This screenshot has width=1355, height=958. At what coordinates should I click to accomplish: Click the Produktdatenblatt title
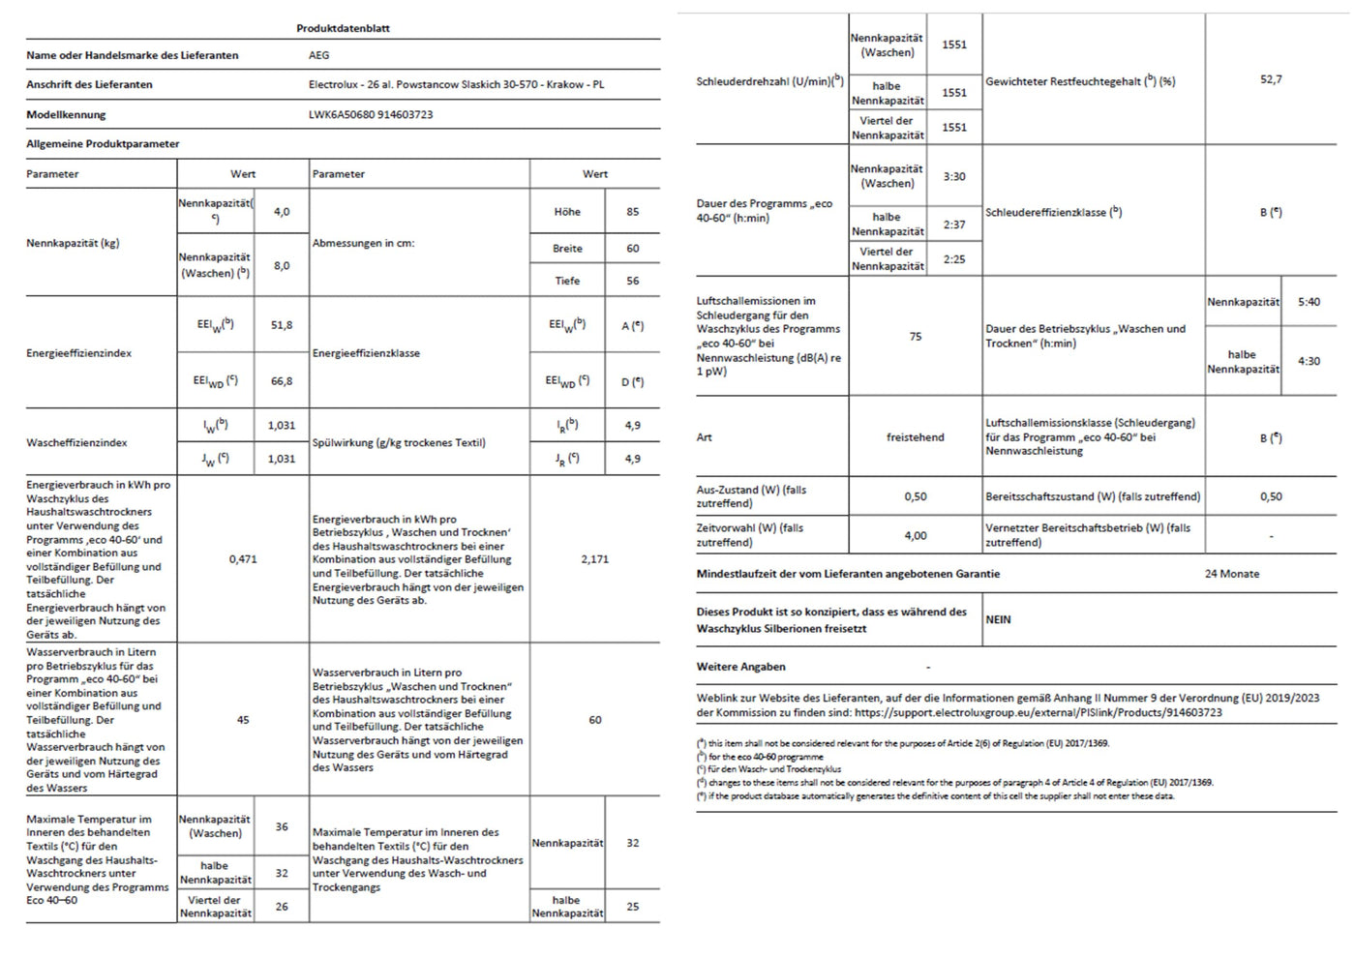(343, 28)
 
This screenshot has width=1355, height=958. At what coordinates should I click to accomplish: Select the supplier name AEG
(319, 55)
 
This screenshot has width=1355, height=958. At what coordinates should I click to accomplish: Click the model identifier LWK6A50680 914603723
(371, 114)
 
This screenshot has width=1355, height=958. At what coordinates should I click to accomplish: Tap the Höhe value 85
(632, 212)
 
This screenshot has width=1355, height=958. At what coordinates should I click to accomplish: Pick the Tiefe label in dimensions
(567, 281)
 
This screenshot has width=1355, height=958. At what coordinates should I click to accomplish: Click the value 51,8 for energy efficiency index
(282, 325)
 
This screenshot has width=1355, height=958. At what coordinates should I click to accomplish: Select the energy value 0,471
(243, 559)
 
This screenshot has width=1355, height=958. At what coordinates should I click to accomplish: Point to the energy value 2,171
(594, 559)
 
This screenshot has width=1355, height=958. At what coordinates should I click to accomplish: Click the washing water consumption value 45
(243, 720)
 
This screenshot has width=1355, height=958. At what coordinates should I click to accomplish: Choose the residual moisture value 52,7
(1271, 79)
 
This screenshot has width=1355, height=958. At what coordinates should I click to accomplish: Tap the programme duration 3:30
(954, 177)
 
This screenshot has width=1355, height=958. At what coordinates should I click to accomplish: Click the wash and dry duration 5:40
(1309, 302)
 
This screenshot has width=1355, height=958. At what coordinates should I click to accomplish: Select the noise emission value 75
(916, 337)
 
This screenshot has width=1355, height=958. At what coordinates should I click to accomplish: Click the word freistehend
(915, 437)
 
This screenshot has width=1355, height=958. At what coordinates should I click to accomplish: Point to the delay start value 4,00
(915, 535)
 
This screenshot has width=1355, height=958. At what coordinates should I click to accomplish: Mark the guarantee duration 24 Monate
(1232, 574)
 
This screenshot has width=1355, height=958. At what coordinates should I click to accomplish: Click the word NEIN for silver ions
(998, 619)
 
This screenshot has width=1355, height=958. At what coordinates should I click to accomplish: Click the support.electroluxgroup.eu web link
(1039, 712)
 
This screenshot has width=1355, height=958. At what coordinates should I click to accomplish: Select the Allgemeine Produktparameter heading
(103, 144)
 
